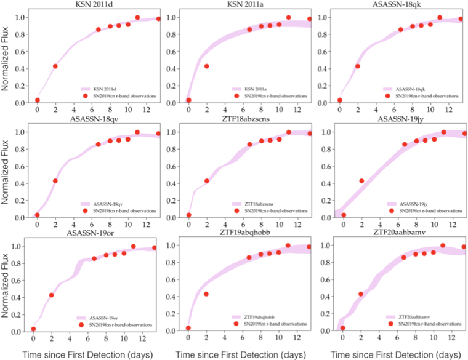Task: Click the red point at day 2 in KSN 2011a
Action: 206,66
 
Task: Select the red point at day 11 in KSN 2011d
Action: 137,18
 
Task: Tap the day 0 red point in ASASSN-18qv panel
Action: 38,215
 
